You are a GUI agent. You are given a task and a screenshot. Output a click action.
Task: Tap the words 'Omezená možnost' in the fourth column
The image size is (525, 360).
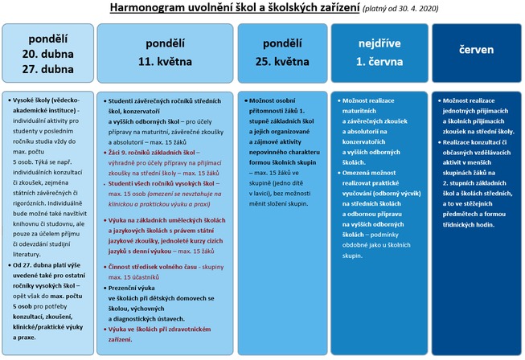tap(367, 171)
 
